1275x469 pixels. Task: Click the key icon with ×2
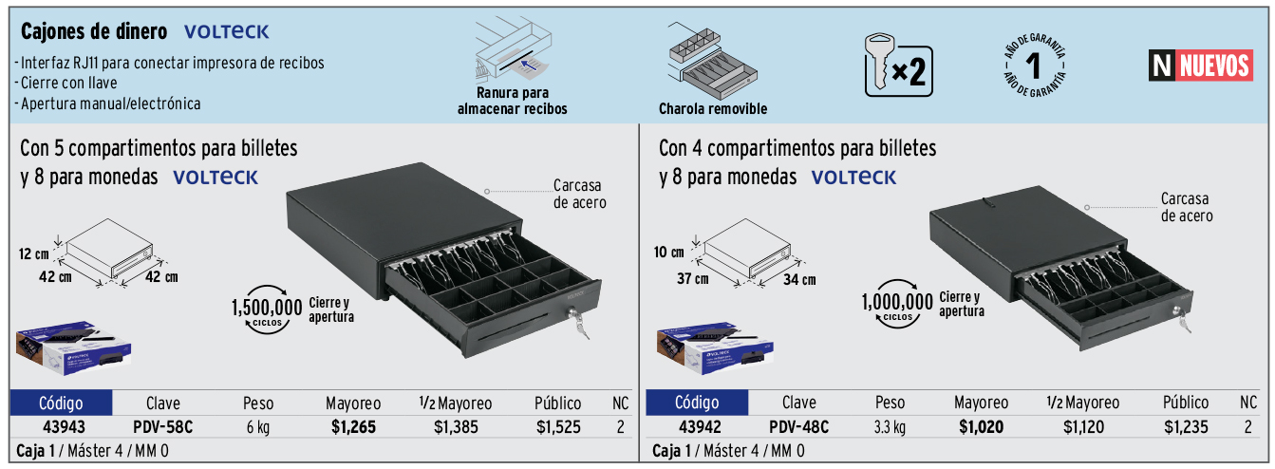[898, 65]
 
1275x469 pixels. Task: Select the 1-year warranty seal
[1034, 66]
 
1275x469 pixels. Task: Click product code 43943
[64, 427]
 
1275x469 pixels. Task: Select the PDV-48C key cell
[798, 427]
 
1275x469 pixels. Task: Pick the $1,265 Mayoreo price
[353, 427]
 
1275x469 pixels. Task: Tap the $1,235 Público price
[1186, 427]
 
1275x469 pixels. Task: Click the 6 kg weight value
[258, 427]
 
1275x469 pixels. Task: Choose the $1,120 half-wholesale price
[1083, 427]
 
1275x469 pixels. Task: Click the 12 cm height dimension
[33, 253]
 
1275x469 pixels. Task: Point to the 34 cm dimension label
[799, 279]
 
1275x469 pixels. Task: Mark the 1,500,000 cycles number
[267, 308]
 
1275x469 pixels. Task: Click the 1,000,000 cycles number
[897, 302]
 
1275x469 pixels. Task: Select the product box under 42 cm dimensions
[73, 347]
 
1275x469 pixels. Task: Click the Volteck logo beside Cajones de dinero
[226, 32]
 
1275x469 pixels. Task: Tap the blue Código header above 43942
[697, 403]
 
